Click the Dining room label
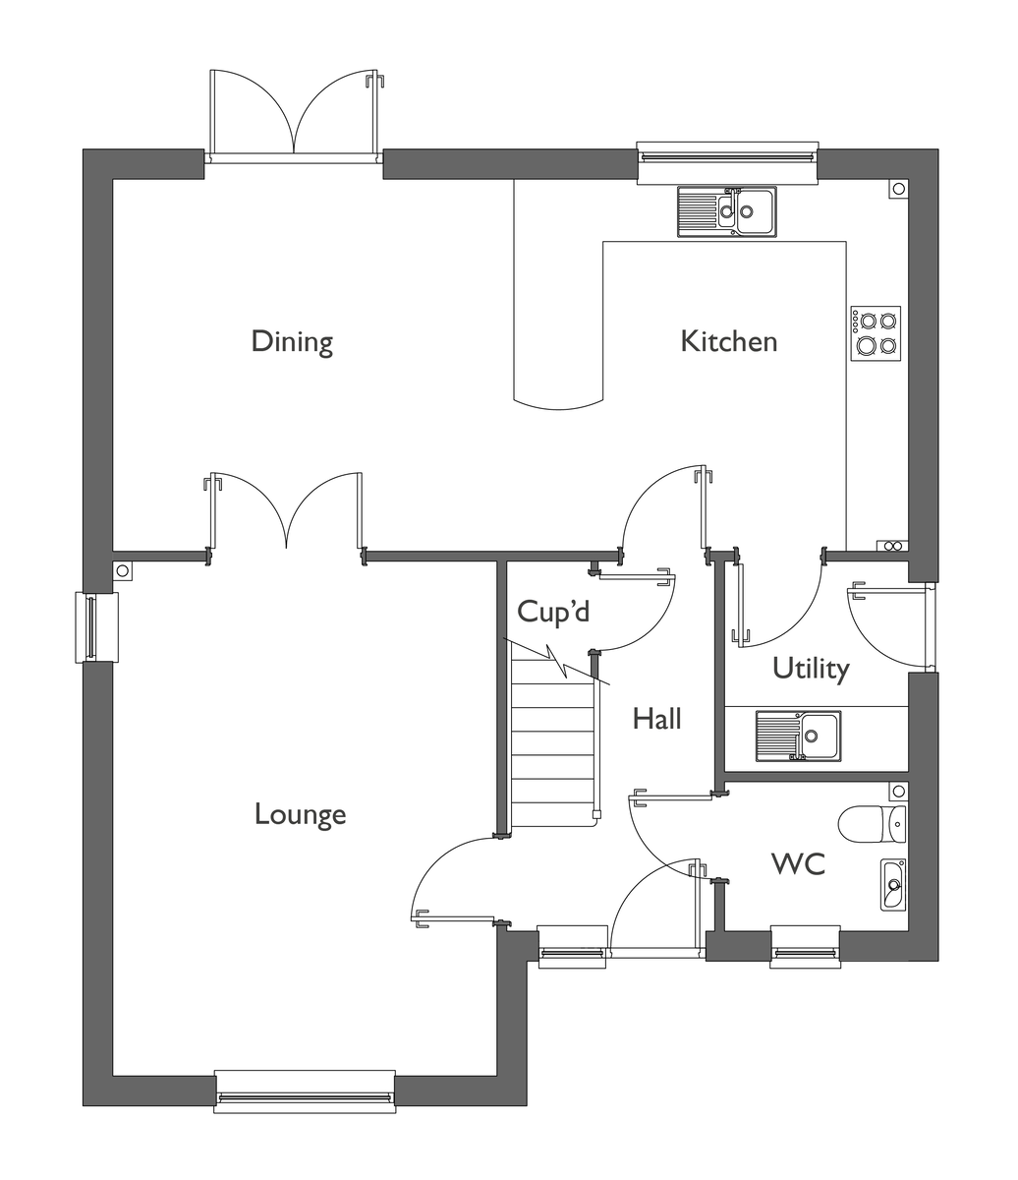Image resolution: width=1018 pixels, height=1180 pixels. tap(292, 342)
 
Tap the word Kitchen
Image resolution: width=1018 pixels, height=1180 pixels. tap(729, 341)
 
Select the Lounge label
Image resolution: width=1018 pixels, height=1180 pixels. tap(300, 815)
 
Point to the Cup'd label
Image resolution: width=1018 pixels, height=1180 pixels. tap(553, 613)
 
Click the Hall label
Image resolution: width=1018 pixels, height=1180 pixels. tap(656, 718)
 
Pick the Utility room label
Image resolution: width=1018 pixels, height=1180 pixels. tap(811, 669)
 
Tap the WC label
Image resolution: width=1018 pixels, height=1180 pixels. tap(798, 863)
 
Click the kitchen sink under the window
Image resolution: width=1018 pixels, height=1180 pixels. tap(726, 211)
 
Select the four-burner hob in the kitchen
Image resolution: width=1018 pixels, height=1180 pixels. tap(876, 333)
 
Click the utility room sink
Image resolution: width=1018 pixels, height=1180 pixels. tap(798, 736)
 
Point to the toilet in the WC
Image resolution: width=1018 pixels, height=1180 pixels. tap(872, 824)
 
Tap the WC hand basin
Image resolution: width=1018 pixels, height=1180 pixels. tap(893, 884)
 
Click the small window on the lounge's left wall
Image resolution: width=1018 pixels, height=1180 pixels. tap(97, 627)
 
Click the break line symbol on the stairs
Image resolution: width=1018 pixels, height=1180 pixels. tap(556, 661)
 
